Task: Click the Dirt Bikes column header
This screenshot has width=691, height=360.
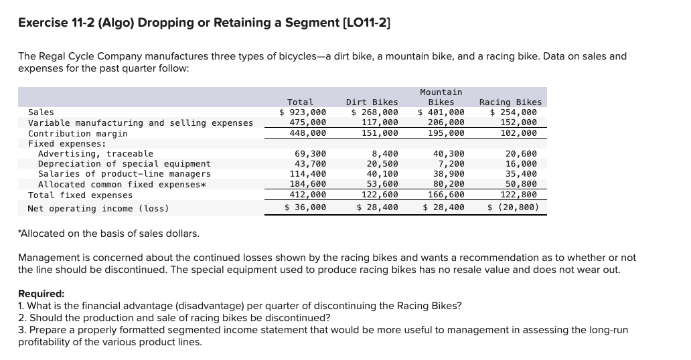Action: (372, 102)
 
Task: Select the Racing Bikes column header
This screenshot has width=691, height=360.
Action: (511, 102)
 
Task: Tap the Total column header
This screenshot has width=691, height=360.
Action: (300, 102)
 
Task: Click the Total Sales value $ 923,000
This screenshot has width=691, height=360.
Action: (303, 112)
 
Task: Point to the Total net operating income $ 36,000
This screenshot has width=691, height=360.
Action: (305, 208)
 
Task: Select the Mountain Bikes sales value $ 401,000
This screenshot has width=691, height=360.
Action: (441, 112)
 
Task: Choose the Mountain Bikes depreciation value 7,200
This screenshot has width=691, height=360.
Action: (451, 164)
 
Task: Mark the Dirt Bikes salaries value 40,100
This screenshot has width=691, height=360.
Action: (384, 174)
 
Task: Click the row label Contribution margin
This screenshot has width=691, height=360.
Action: (78, 133)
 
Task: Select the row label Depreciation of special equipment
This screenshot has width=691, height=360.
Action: (124, 164)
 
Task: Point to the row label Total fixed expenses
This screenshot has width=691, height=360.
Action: (80, 195)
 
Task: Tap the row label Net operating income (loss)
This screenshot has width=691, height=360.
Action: (98, 209)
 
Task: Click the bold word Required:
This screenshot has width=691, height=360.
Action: (41, 294)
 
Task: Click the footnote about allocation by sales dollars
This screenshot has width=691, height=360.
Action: (108, 233)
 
